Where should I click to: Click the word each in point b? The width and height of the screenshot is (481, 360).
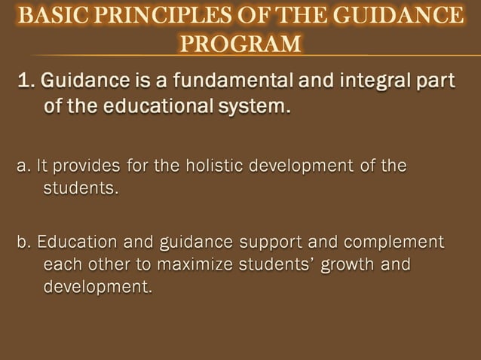tap(60, 265)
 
